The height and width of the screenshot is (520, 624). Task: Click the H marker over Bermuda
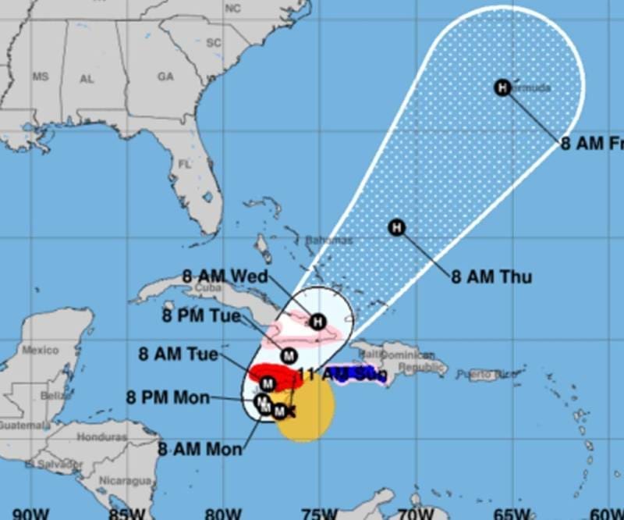tap(503, 87)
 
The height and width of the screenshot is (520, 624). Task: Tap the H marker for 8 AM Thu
tap(396, 228)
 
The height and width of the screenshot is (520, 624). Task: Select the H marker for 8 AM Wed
tap(317, 321)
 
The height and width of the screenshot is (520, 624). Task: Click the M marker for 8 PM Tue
tap(289, 356)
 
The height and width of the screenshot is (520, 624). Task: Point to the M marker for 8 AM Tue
tap(268, 383)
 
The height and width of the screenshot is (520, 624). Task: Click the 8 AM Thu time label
tap(491, 276)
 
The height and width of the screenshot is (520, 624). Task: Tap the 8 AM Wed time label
tap(225, 276)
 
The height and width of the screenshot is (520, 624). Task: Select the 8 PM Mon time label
tap(168, 397)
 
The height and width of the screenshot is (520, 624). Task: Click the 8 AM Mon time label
tap(200, 449)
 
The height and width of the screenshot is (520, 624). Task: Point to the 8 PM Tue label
tap(201, 316)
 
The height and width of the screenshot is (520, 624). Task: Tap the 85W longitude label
tap(124, 513)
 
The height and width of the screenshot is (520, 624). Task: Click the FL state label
tap(184, 165)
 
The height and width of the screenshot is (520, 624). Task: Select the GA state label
tap(165, 77)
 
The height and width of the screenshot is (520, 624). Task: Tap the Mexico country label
tap(40, 350)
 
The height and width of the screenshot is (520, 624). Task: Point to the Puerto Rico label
tap(487, 375)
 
